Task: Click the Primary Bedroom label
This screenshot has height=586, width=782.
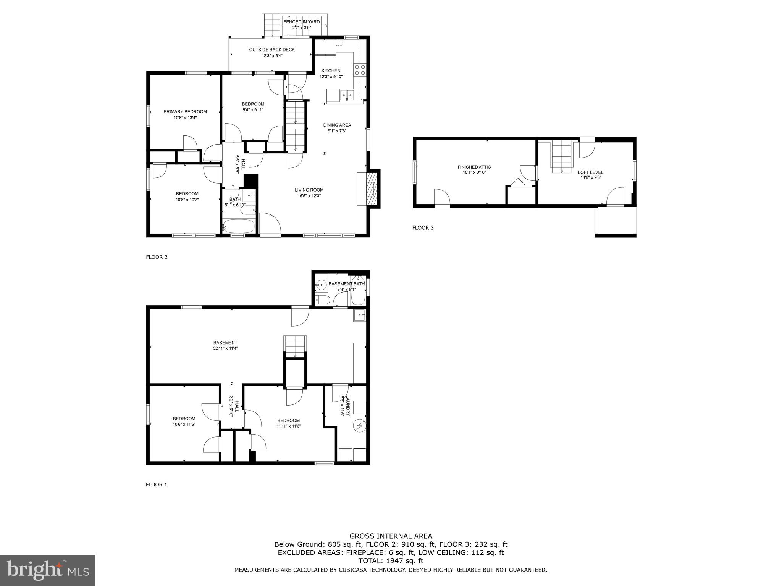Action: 185,112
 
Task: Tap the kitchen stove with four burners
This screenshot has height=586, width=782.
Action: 360,70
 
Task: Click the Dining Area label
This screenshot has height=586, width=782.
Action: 337,125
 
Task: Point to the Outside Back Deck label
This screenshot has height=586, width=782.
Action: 272,50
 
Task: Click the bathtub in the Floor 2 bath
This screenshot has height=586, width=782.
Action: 238,226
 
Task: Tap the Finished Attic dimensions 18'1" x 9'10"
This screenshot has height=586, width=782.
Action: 474,172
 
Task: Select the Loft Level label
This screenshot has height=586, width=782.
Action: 591,172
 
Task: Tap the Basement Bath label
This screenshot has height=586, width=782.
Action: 346,284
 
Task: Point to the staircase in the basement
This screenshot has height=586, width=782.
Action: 295,346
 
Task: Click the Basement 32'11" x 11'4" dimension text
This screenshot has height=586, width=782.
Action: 225,348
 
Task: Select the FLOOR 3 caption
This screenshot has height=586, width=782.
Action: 423,228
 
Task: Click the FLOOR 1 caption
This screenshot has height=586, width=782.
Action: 157,485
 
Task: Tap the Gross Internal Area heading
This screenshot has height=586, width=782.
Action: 391,536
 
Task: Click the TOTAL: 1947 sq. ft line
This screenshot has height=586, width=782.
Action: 391,561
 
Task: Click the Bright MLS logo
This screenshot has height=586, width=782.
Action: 48,570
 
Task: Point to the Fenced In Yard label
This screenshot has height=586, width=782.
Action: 302,22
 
